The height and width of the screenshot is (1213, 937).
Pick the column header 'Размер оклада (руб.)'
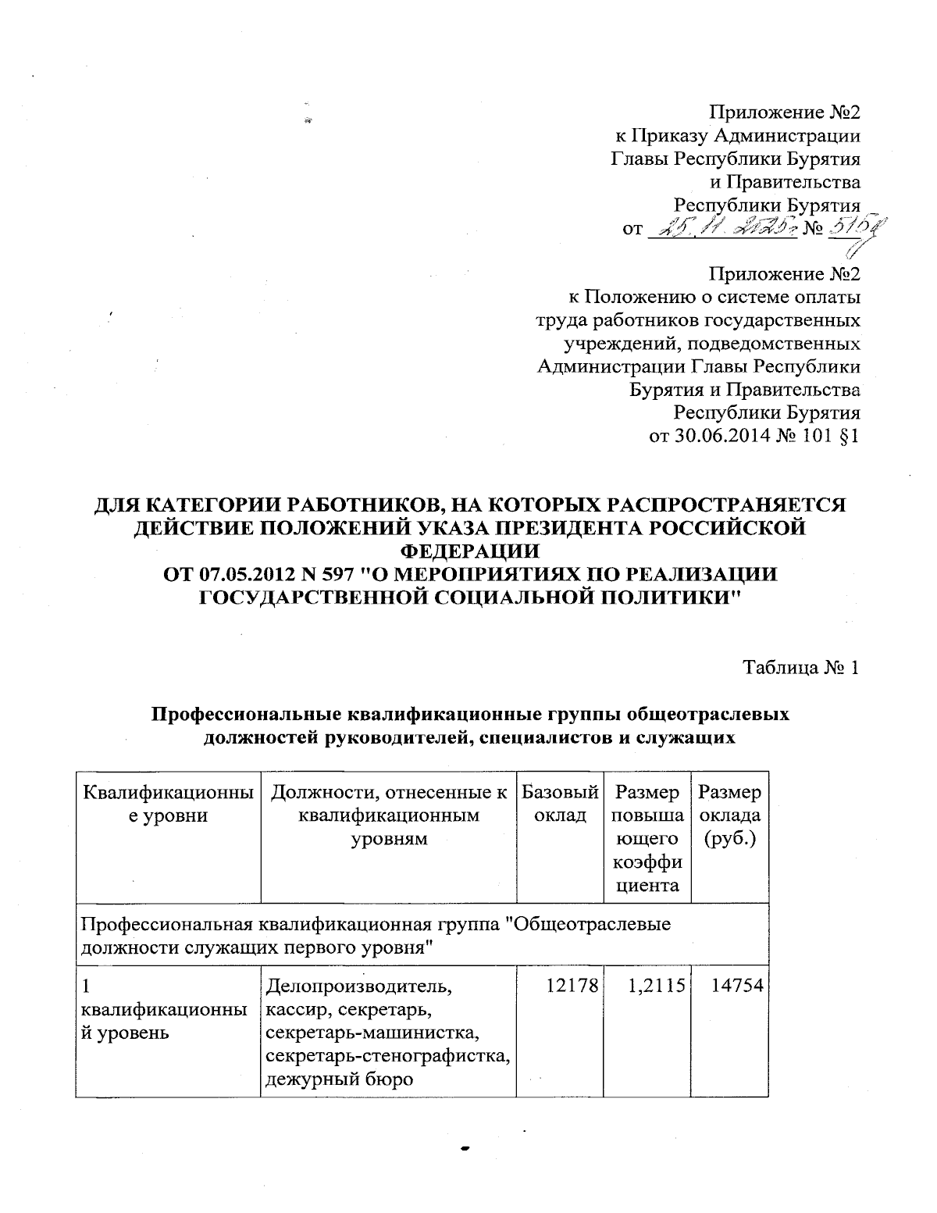coord(730,816)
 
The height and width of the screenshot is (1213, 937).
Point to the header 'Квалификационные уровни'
coord(168,804)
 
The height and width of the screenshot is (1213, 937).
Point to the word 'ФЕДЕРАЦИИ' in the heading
coord(469,551)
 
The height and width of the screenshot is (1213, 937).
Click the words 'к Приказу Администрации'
coord(738,136)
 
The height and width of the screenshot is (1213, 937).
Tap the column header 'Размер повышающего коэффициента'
coord(647,839)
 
